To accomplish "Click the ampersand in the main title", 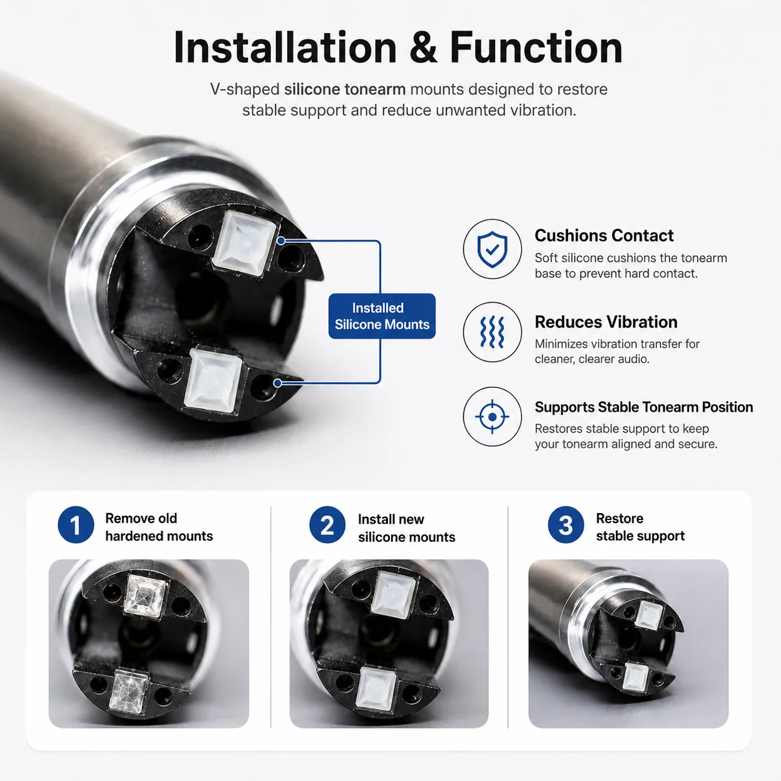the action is click(423, 48).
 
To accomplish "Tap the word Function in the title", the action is click(536, 48).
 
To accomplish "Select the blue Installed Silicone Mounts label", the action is click(382, 316).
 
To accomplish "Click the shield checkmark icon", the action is click(492, 249).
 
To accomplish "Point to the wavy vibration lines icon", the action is click(492, 333).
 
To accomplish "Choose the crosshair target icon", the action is click(492, 417).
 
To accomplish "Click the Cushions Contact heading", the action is click(604, 235).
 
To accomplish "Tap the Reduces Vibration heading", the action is click(606, 322).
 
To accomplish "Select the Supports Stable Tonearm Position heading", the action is click(644, 407).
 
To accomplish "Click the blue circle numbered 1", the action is click(76, 524).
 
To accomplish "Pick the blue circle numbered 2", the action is click(327, 524).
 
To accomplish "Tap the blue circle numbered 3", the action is click(566, 524).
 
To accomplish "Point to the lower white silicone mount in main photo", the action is click(213, 381).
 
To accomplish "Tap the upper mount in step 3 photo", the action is click(649, 615).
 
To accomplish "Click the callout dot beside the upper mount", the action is click(282, 241).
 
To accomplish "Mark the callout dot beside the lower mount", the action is click(278, 383).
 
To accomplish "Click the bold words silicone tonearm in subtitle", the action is click(344, 89).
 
